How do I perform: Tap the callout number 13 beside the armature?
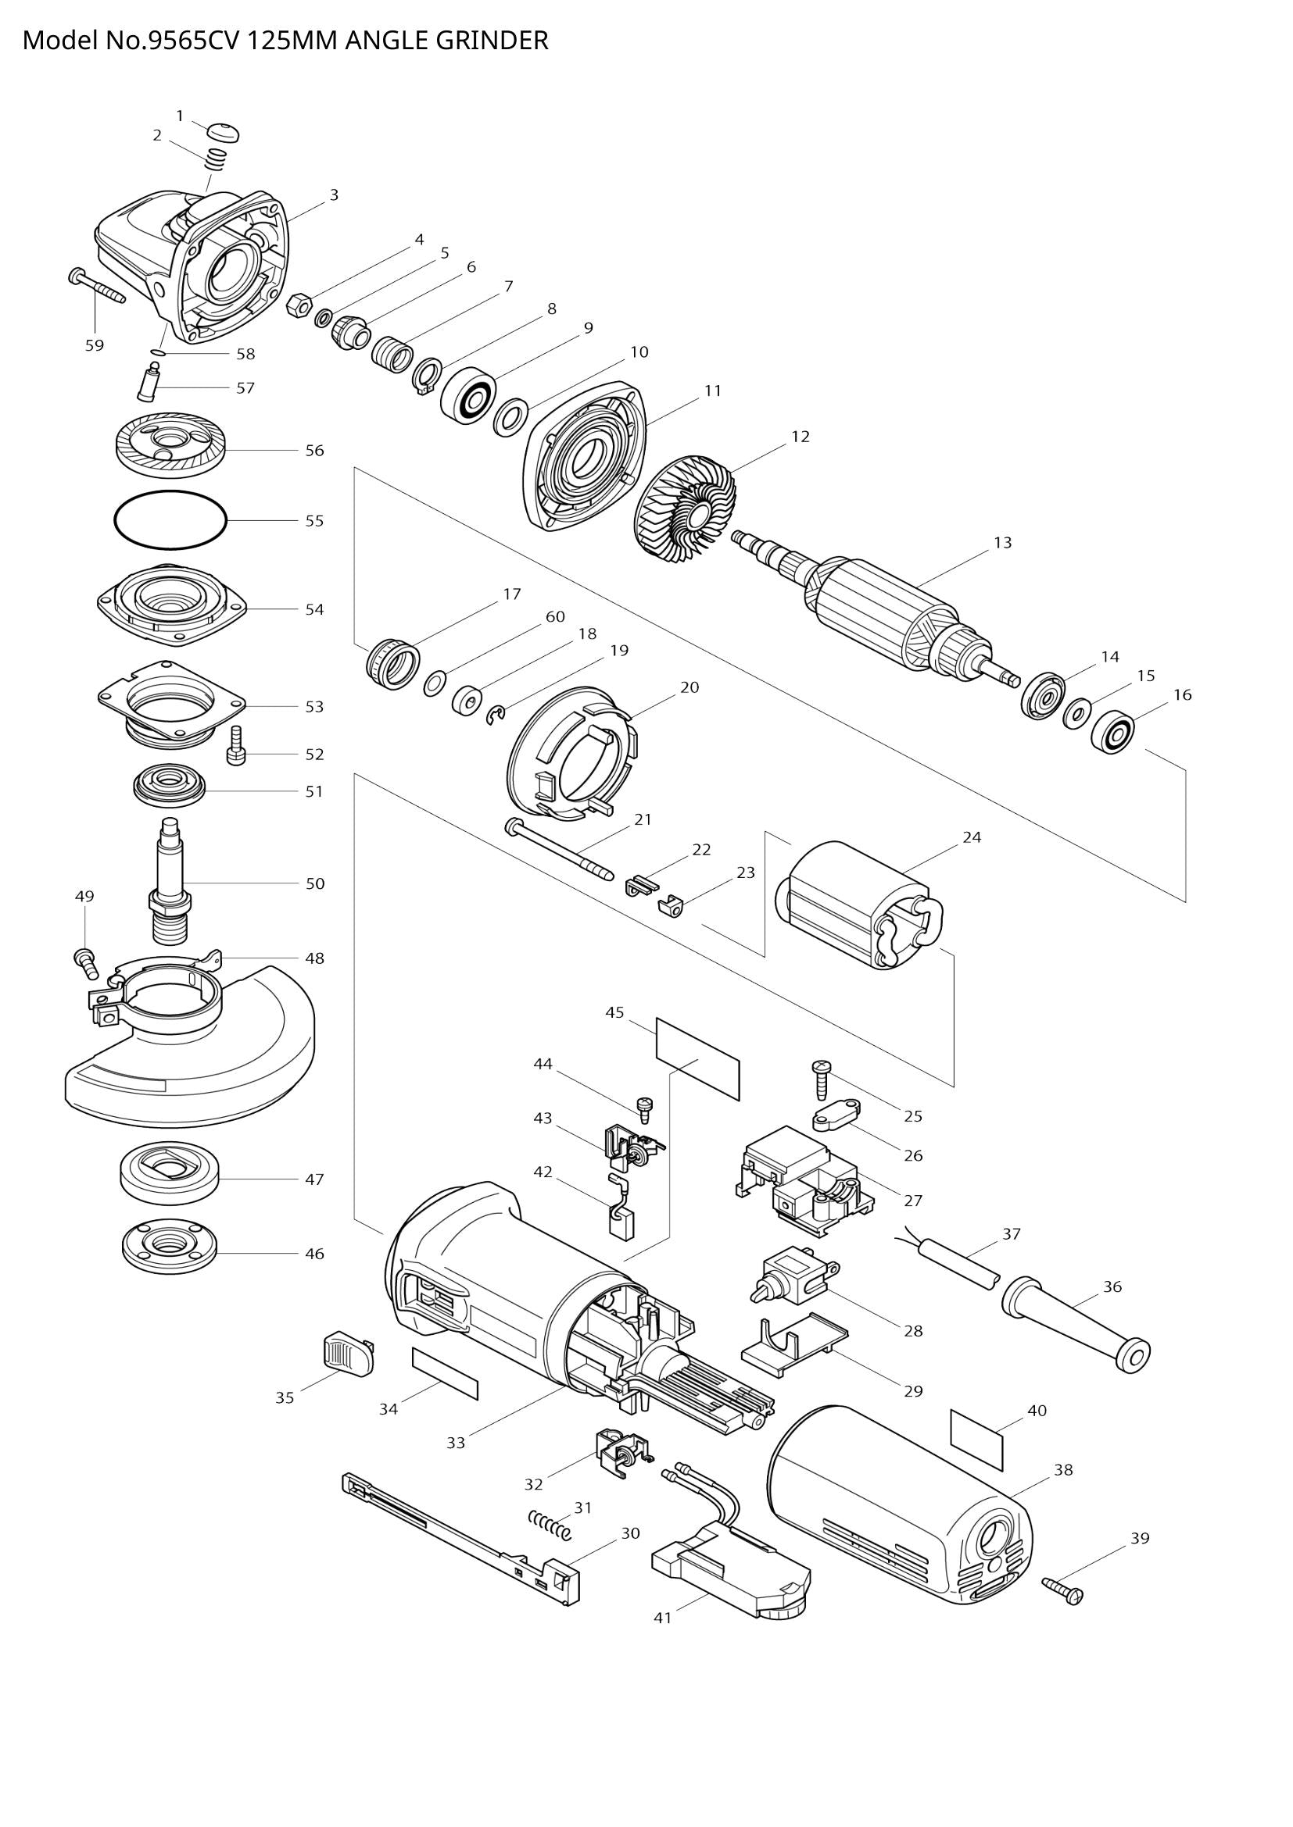(1002, 543)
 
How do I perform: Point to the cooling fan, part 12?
(687, 509)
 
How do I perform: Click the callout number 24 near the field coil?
(972, 837)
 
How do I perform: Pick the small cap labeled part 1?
(223, 132)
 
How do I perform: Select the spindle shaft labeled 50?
(170, 880)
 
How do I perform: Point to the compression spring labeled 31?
(550, 1525)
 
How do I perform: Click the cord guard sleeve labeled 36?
(1076, 1326)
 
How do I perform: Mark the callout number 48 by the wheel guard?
(314, 959)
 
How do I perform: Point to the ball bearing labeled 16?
(1112, 733)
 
